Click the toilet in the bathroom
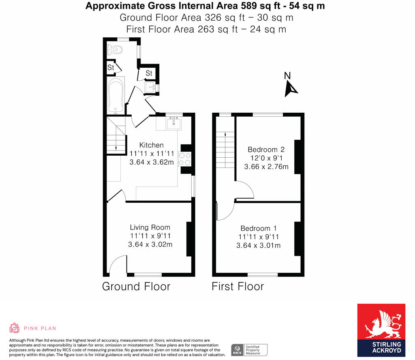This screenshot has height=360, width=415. pos(115,50)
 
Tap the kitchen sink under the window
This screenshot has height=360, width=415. pos(174,122)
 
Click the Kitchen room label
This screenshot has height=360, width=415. pos(152,145)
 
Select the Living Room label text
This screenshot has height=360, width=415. pos(150,227)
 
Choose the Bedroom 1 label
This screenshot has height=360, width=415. pos(259,228)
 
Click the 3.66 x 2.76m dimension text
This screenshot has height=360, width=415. pos(266,167)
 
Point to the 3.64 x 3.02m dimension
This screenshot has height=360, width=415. pos(150,244)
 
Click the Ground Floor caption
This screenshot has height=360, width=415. pos(136,286)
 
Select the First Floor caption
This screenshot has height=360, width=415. pos(237,286)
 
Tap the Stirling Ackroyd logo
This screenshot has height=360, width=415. pos(381,330)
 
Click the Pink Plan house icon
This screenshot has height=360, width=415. pos(15,328)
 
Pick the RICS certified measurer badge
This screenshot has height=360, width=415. pos(249,349)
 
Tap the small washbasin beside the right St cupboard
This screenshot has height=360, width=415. pos(151,87)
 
